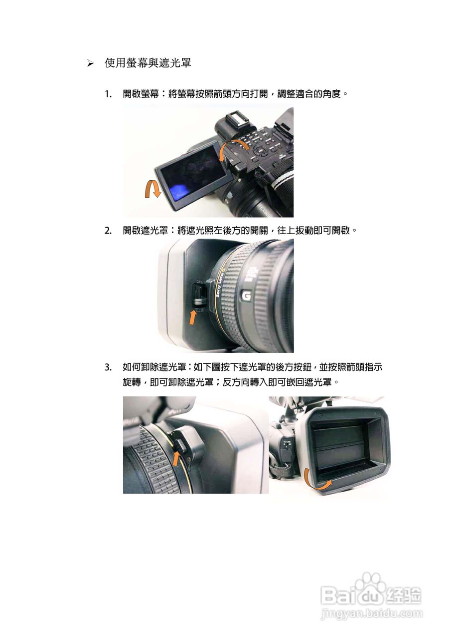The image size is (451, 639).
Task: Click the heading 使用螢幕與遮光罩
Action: [x=148, y=63]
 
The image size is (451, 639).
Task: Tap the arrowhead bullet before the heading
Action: [x=90, y=64]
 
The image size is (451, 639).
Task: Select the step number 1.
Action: [x=108, y=94]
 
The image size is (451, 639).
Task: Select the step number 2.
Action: [x=108, y=231]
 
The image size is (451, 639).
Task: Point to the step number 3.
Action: [x=108, y=368]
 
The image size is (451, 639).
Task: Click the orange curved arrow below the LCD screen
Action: [x=152, y=190]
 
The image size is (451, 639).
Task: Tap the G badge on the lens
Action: [x=246, y=296]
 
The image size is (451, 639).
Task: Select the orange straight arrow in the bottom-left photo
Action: [x=176, y=457]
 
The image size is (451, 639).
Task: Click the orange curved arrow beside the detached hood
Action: [x=315, y=480]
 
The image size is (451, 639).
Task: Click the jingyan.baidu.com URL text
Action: [x=371, y=614]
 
